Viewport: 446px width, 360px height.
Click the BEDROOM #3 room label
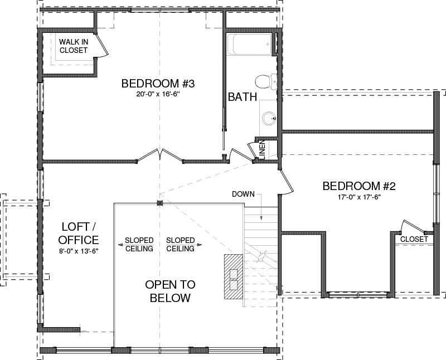[x=158, y=84]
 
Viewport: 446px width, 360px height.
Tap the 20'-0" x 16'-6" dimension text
[x=158, y=94]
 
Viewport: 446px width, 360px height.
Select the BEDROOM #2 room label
[x=359, y=186]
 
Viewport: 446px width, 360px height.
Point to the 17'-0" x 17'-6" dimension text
[x=359, y=197]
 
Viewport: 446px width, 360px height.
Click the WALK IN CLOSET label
[x=74, y=46]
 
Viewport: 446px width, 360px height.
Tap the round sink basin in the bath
[x=268, y=118]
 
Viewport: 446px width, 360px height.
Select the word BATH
[x=243, y=97]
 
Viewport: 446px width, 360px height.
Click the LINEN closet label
[x=262, y=150]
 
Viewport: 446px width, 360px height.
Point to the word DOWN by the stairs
[x=243, y=194]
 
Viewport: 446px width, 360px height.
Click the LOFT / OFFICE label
[x=79, y=233]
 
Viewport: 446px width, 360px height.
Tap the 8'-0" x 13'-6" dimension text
[x=79, y=251]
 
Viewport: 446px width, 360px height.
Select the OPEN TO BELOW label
[x=170, y=291]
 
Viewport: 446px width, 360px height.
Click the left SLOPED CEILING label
[x=139, y=245]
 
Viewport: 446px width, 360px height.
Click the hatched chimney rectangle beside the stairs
[x=234, y=276]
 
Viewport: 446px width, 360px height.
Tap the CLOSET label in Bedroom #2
[x=414, y=239]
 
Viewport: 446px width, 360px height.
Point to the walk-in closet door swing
[x=102, y=46]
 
